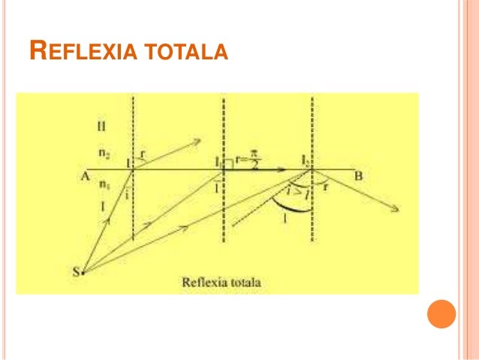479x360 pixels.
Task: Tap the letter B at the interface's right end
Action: [x=358, y=176]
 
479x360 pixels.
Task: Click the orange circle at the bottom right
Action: [x=441, y=314]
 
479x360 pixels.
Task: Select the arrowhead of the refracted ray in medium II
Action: [x=198, y=140]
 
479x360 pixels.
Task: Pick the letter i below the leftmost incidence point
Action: [x=128, y=192]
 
